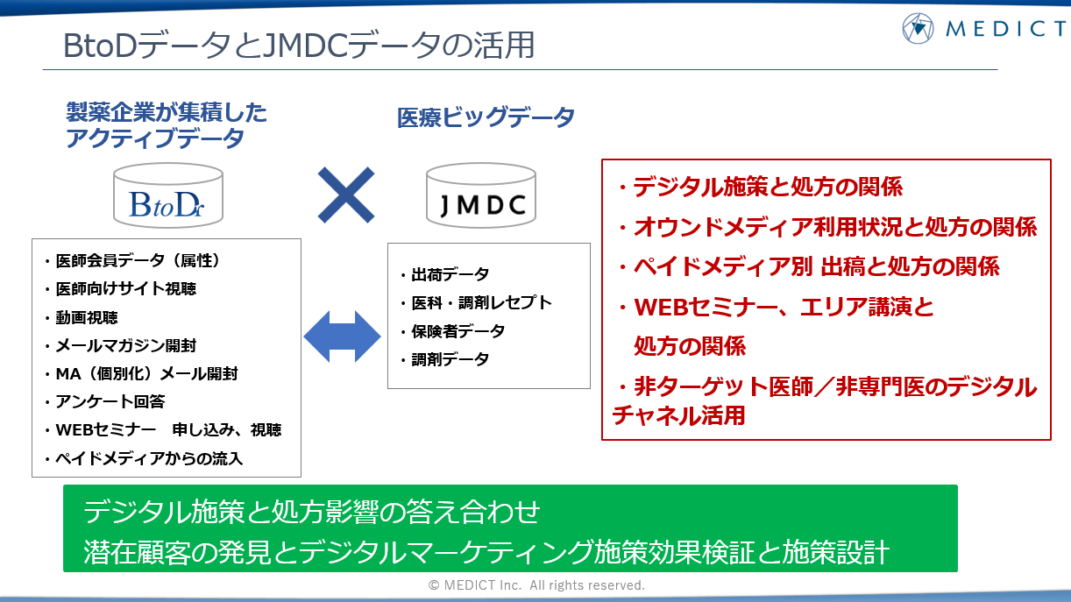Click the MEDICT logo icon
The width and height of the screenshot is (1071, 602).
(x=919, y=28)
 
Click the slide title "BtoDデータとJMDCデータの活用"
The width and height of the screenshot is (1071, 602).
(x=299, y=46)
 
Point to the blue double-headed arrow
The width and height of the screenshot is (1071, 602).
(x=342, y=336)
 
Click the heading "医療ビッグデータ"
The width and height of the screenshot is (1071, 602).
(x=486, y=117)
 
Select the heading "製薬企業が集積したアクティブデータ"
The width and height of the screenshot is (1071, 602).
(x=167, y=125)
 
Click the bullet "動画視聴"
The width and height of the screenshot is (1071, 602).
(x=87, y=317)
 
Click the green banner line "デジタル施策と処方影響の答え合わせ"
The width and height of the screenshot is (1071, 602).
(x=312, y=511)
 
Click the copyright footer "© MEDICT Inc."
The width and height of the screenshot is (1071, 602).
(x=535, y=584)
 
